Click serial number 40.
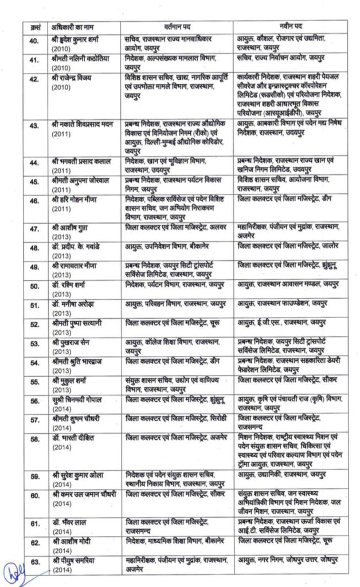[x=34, y=39]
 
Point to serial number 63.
[x=34, y=562]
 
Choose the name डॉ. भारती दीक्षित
[x=72, y=439]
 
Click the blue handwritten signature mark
[x=15, y=572]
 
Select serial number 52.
[x=34, y=324]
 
